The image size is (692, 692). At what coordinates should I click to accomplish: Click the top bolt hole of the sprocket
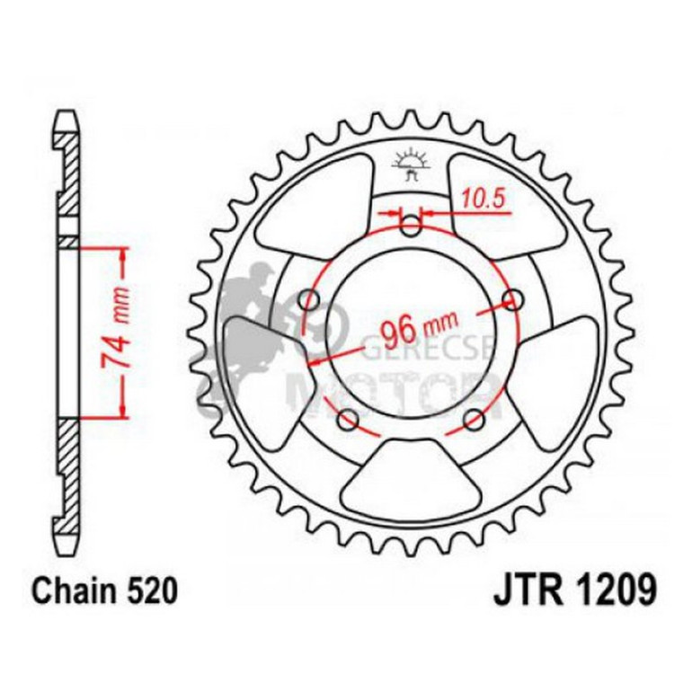pos(411,227)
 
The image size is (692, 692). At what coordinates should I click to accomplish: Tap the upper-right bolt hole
pos(513,298)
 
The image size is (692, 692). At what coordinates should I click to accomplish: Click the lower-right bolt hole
pos(475,419)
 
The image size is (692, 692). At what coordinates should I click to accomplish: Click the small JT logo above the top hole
pos(412,165)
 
